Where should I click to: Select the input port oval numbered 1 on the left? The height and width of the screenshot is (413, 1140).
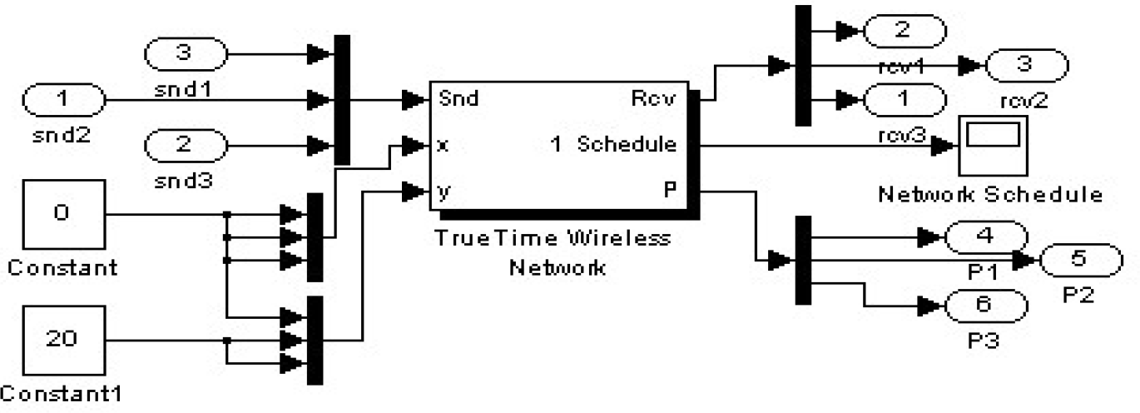pos(63,101)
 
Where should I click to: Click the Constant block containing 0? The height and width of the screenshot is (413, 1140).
pos(62,214)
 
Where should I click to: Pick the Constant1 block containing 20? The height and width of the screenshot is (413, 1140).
pos(63,341)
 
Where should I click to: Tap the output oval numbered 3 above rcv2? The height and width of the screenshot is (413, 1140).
pos(1025,65)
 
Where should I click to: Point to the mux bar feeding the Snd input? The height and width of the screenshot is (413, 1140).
pos(340,100)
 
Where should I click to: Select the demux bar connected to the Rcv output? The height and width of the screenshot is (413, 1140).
pos(803,65)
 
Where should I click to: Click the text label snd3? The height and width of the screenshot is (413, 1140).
pos(184,180)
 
